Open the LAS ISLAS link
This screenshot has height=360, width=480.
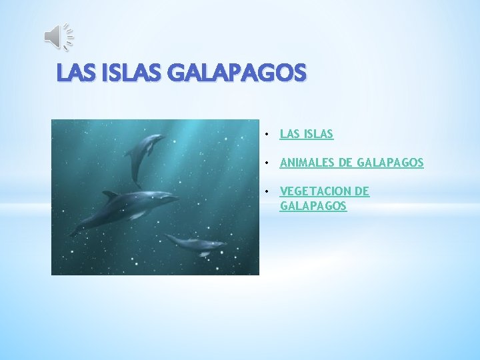pos(307,135)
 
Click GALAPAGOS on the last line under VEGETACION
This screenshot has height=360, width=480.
pos(313,207)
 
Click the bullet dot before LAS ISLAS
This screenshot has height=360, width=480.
pos(266,135)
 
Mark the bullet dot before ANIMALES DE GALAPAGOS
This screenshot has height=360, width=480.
pos(266,163)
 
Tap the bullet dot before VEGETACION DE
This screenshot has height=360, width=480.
pos(266,192)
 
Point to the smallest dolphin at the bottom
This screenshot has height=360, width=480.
pos(197,244)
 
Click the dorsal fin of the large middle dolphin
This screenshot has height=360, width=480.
pos(110,195)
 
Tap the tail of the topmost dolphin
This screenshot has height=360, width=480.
pos(136,181)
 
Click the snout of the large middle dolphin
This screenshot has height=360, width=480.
pos(174,198)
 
